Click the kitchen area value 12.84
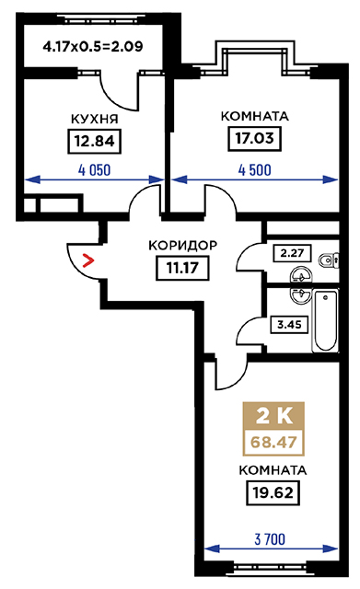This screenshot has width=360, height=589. point(94,141)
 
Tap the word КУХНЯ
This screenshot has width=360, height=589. point(94,119)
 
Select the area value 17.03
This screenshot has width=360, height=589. point(255,138)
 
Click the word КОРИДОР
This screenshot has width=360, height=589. point(182,246)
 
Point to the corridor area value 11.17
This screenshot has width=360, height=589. point(182,268)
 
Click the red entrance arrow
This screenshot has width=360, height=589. point(88,260)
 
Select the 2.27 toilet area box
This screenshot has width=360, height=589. point(292,253)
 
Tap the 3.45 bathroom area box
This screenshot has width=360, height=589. point(289,324)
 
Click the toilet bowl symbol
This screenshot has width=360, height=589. point(330,260)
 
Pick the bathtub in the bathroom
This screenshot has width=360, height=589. point(325,320)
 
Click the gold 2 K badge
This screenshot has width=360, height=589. point(273,416)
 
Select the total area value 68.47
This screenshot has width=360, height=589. point(273,442)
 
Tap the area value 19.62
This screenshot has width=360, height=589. point(273,492)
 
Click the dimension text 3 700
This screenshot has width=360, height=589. point(270,539)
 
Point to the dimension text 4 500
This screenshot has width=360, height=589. point(254,170)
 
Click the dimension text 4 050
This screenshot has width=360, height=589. point(94,170)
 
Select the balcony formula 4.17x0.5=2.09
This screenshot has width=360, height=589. point(93,47)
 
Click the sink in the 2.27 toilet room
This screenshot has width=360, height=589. point(300,276)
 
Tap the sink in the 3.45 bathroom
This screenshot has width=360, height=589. point(301,296)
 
